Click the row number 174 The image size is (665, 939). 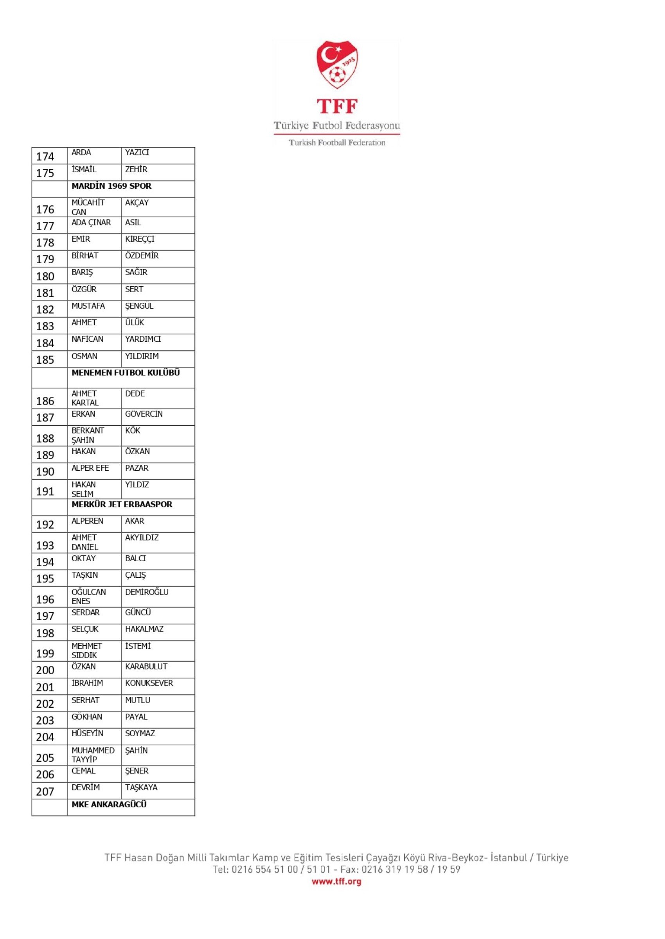45,157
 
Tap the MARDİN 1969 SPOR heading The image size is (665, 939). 111,186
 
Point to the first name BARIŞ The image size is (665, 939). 82,272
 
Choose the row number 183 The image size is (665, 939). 45,327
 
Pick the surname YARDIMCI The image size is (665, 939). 143,339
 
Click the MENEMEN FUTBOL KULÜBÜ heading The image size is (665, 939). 126,373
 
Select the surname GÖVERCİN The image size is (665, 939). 144,414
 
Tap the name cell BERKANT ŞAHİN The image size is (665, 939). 88,435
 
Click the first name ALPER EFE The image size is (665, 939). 90,468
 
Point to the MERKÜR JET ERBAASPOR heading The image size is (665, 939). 122,504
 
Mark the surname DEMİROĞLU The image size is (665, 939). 147,592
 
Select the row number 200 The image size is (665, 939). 45,670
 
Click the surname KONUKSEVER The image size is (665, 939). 149,683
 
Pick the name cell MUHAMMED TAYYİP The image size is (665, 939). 93,755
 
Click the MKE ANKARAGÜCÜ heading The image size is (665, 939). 109,805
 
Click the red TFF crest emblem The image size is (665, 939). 336,64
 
